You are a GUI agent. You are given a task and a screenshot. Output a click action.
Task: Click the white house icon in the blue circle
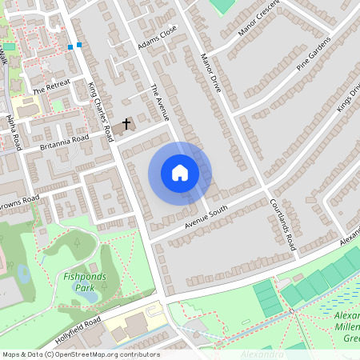pos(180,172)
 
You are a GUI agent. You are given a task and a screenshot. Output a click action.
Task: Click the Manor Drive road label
pos(210,74)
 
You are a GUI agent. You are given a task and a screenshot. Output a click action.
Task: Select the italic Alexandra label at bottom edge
pos(261,354)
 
